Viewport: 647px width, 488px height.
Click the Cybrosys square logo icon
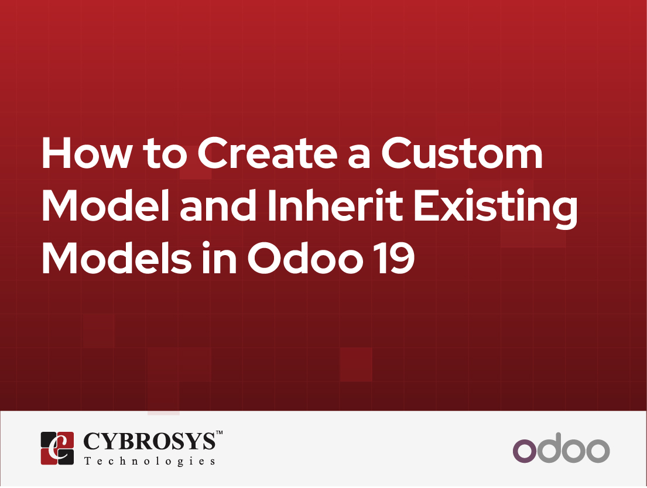(x=57, y=448)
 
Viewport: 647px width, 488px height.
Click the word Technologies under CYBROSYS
(x=149, y=461)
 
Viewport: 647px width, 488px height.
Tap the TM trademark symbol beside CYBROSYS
(x=219, y=433)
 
